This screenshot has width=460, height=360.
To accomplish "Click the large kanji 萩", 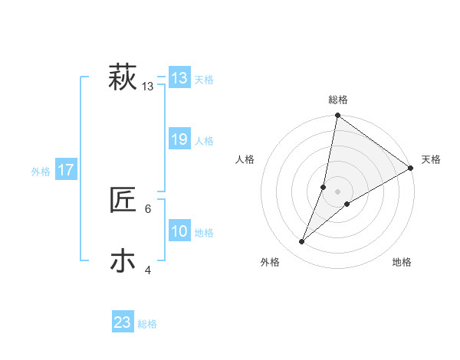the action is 122,78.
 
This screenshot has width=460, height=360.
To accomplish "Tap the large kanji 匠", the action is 123,201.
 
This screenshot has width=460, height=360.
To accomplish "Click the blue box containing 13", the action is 179,78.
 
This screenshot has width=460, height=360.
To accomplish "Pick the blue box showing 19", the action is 179,139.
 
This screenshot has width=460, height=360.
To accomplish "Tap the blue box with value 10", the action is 179,231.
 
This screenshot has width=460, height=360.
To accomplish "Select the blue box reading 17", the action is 65,170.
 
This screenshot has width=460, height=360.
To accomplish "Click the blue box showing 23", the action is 123,322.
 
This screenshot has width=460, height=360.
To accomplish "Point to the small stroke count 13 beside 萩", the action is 148,87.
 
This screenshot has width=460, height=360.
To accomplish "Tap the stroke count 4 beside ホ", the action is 148,270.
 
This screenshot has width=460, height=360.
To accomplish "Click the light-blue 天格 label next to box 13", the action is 204,80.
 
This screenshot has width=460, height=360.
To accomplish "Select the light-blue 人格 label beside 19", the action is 204,141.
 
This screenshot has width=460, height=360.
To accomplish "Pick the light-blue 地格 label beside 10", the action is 204,233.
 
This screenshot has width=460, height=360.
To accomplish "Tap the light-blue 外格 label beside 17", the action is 41,172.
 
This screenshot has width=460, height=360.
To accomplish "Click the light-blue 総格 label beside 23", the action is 148,324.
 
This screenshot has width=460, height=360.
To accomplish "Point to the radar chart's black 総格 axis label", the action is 337,100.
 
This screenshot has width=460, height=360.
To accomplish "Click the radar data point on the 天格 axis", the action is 411,168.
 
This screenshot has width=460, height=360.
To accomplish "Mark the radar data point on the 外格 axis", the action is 302,242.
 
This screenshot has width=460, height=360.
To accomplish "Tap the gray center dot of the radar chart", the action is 337,191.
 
